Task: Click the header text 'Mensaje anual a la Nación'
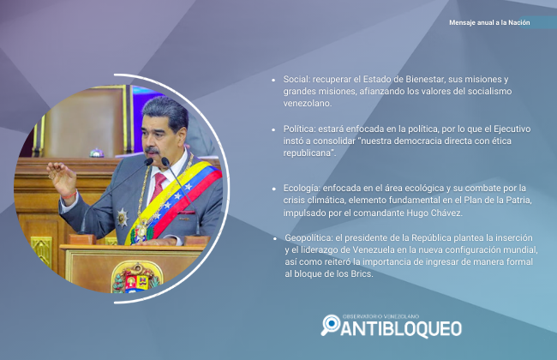coord(489,22)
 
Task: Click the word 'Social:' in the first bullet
coord(296,79)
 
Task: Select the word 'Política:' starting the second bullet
coord(299,129)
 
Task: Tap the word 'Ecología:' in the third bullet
coord(302,189)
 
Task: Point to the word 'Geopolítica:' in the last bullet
coord(308,238)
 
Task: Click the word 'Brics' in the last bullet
coord(361,274)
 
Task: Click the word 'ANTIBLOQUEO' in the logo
coord(401,329)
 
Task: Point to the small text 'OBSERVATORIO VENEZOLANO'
coord(380,316)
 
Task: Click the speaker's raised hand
coord(62,178)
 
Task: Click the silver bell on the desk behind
coord(97,153)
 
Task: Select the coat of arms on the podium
coord(136,279)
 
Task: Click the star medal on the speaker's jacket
coord(123,218)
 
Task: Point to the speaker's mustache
coord(152,150)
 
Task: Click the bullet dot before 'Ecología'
coord(273,189)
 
